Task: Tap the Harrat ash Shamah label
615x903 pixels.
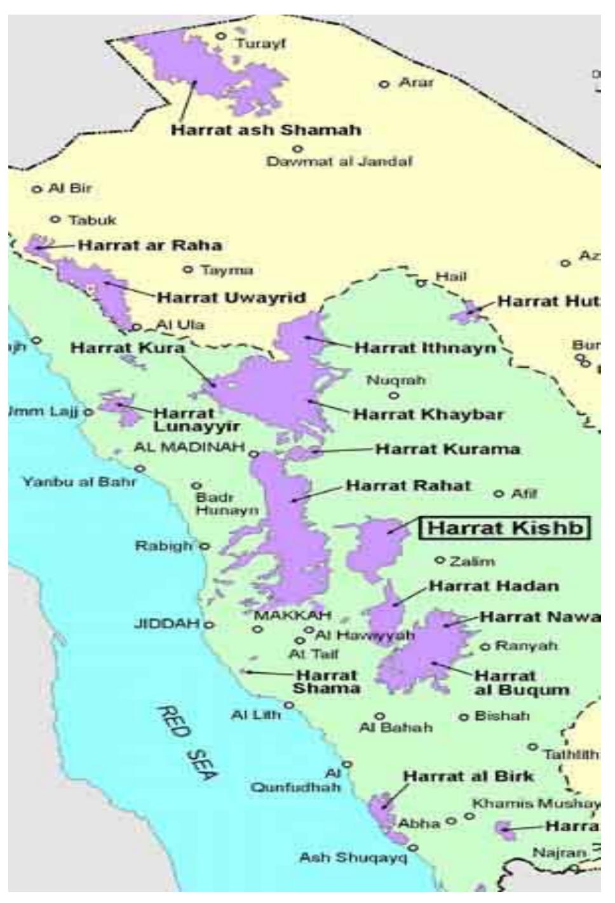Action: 266,130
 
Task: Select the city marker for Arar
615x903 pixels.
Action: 384,84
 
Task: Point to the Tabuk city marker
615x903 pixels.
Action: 56,219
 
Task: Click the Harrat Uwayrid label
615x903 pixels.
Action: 232,297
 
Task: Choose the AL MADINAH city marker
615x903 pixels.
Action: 253,453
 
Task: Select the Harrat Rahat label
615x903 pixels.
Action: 409,486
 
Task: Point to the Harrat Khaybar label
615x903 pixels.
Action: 428,415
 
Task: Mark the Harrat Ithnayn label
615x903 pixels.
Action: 425,348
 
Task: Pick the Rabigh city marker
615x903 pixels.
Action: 205,545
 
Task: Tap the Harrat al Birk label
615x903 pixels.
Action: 469,776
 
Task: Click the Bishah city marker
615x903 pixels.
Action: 464,717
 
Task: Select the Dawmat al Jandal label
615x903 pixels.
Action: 339,161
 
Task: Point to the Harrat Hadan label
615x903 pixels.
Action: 494,585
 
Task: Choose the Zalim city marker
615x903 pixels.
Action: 438,560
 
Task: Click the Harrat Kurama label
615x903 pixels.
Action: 448,450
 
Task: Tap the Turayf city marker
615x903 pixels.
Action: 222,36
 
